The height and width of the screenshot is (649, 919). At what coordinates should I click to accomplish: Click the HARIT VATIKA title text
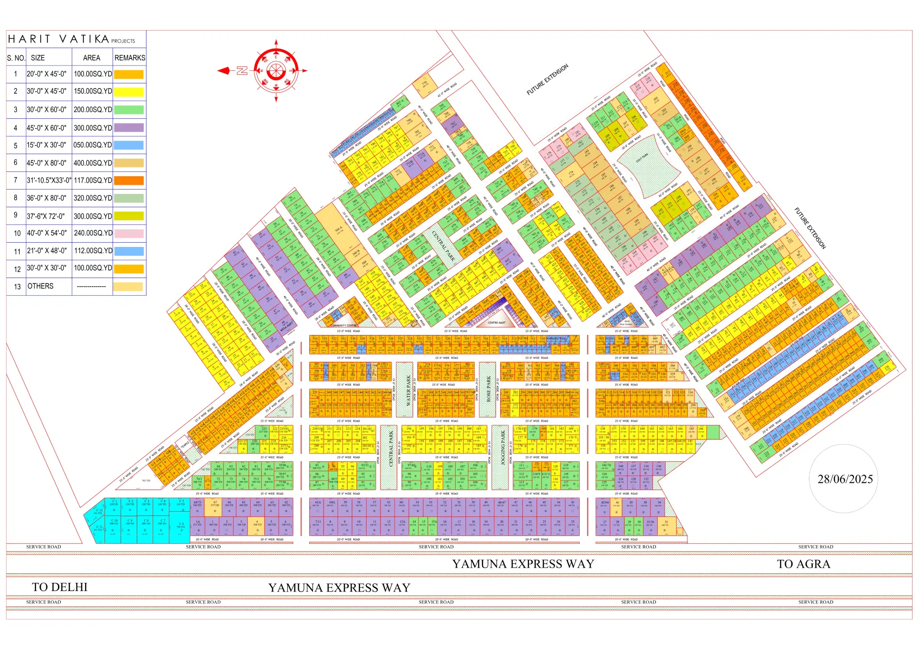pos(58,39)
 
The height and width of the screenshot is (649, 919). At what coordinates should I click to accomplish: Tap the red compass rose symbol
pos(276,71)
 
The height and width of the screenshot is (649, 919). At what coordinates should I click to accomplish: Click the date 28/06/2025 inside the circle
pos(845,479)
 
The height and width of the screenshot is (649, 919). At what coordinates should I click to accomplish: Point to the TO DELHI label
pos(59,587)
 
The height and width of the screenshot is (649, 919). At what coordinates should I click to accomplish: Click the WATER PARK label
pos(408,390)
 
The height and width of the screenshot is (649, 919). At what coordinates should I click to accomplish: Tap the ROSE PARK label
pos(489,389)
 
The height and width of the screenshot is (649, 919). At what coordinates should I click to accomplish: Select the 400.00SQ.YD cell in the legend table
pos(92,163)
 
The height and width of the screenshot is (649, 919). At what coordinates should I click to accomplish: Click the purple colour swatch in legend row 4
pos(129,128)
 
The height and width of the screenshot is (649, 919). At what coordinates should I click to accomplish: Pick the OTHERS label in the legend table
pos(41,286)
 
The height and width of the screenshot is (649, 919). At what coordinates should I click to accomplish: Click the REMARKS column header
pos(129,58)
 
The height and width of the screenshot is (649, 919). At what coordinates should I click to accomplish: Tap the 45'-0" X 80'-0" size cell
pos(46,163)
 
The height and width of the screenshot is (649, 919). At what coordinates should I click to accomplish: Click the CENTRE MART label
pos(496,323)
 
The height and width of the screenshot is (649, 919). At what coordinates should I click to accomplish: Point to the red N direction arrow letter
pos(242,71)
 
